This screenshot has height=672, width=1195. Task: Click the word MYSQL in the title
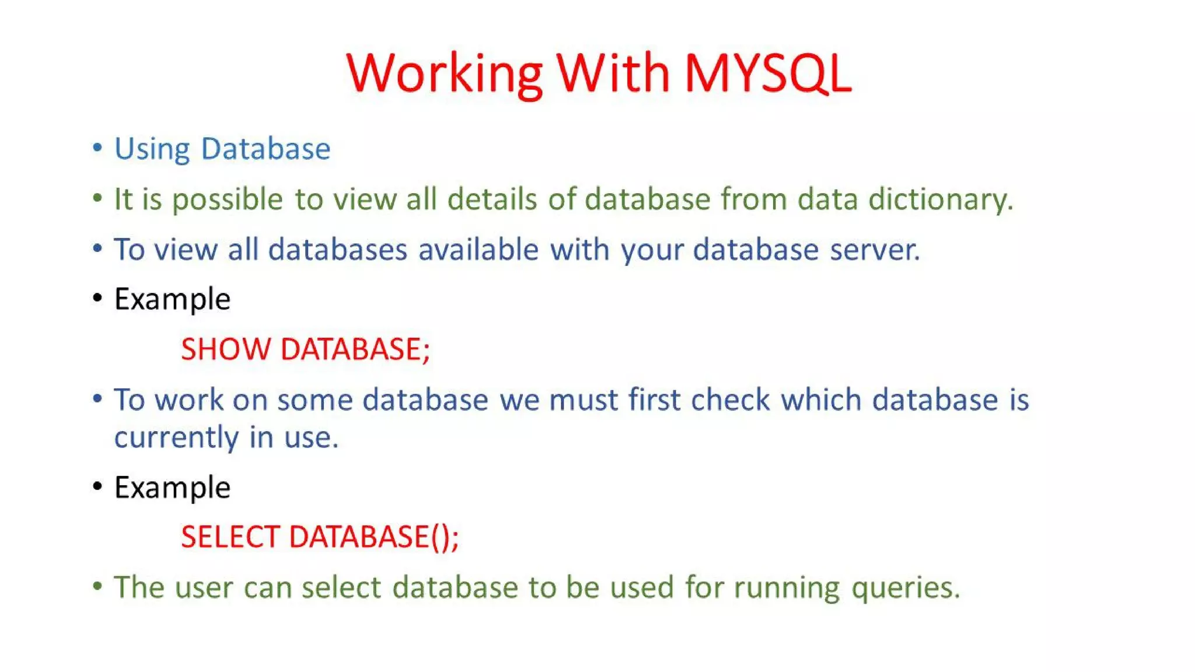point(767,73)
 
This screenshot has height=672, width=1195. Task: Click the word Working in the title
point(445,73)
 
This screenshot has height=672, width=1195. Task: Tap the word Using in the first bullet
point(152,149)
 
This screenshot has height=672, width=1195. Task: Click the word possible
point(228,200)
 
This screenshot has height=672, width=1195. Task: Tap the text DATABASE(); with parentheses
point(374,537)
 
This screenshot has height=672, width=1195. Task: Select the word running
point(787,588)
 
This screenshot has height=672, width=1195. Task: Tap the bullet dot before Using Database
point(97,148)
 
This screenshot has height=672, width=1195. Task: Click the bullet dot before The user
point(97,586)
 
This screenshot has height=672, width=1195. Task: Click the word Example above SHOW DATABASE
point(172,300)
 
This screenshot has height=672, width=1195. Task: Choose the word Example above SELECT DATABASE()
point(172,488)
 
